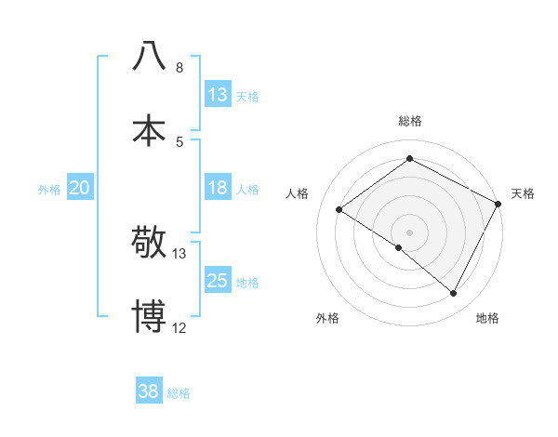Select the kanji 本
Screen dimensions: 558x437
pyautogui.click(x=149, y=129)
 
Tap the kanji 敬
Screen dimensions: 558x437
pyautogui.click(x=149, y=243)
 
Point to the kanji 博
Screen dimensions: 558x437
pyautogui.click(x=149, y=316)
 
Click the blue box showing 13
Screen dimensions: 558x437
pyautogui.click(x=218, y=95)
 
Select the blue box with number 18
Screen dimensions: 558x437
pyautogui.click(x=218, y=188)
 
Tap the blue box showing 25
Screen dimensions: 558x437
pyautogui.click(x=218, y=281)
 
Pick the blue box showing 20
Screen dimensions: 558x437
pyautogui.click(x=79, y=188)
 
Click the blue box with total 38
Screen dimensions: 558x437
pyautogui.click(x=149, y=391)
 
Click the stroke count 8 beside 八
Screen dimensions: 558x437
pyautogui.click(x=179, y=68)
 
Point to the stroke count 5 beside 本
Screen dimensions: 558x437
pyautogui.click(x=179, y=141)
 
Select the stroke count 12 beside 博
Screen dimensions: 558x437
pyautogui.click(x=179, y=328)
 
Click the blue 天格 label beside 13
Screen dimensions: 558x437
pyautogui.click(x=247, y=96)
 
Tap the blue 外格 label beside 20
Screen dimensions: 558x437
pyautogui.click(x=49, y=189)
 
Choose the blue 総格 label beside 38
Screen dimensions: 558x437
pyautogui.click(x=179, y=392)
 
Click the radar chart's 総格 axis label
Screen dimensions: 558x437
pyautogui.click(x=409, y=121)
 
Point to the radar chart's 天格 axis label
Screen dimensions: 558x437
pyautogui.click(x=523, y=193)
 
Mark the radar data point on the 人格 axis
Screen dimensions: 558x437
pyautogui.click(x=339, y=209)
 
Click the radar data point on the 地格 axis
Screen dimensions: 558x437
pyautogui.click(x=454, y=294)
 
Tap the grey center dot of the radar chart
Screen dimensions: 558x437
pyautogui.click(x=409, y=232)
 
